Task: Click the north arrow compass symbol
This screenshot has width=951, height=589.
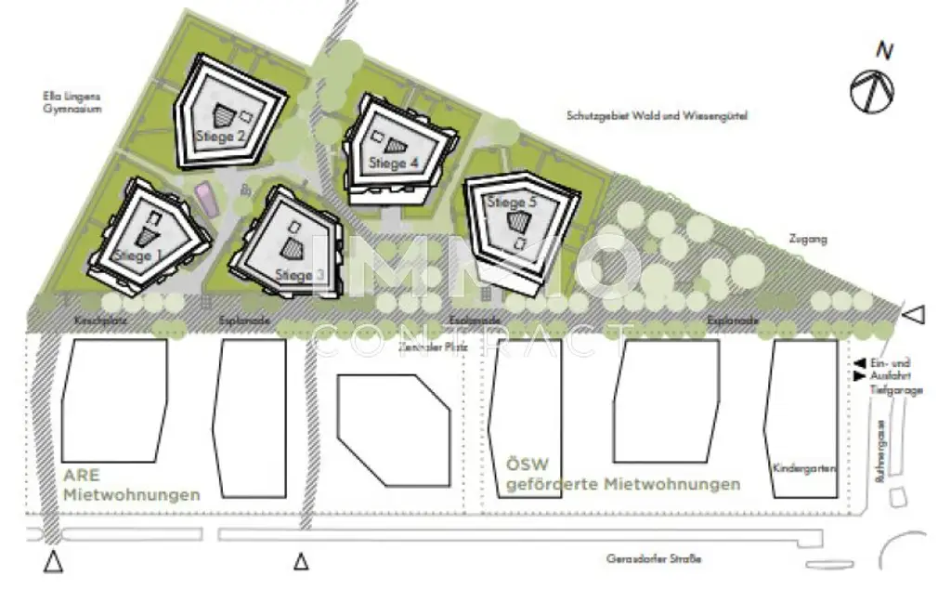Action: (872, 89)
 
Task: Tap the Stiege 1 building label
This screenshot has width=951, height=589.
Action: (137, 255)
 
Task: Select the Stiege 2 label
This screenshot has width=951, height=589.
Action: (220, 136)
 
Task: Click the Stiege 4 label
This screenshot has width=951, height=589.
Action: (393, 163)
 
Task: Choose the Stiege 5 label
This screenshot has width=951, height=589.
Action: (513, 203)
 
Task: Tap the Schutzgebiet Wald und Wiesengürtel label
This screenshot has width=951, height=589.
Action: (657, 116)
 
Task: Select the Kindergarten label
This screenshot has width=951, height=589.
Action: (803, 469)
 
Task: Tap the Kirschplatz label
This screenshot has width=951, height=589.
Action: (99, 321)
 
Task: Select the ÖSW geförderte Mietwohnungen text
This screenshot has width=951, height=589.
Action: (622, 474)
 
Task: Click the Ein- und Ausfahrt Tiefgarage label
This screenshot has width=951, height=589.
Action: (894, 376)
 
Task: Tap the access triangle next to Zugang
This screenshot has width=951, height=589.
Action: (914, 316)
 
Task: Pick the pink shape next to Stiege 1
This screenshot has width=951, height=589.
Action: (205, 199)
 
